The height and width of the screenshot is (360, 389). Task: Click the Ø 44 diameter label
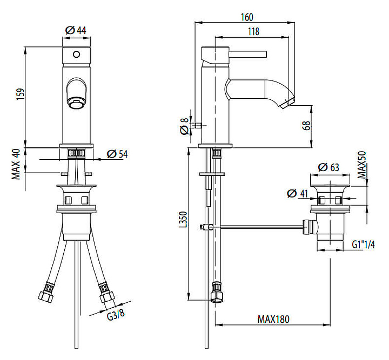(76, 31)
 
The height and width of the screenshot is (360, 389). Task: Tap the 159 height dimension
(21, 94)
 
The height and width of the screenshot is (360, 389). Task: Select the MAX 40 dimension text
(16, 164)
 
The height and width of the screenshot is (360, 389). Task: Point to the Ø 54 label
(117, 154)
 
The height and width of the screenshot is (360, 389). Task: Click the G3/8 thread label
(116, 315)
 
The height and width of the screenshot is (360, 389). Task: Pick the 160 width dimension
(247, 17)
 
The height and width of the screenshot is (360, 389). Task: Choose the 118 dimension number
(253, 31)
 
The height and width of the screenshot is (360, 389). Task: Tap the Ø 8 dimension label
(184, 126)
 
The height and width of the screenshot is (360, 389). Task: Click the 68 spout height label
(307, 126)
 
